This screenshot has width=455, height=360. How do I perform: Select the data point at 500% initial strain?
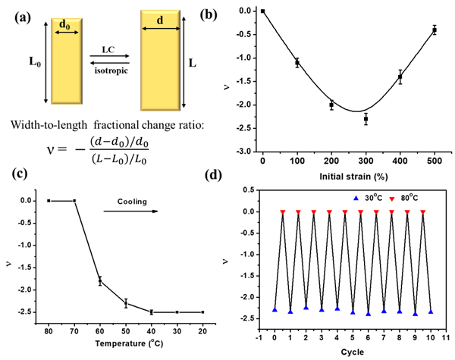click(x=435, y=30)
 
